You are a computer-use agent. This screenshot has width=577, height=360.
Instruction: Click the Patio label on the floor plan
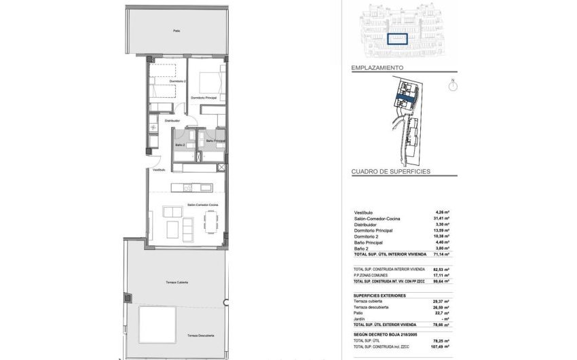tap(176, 31)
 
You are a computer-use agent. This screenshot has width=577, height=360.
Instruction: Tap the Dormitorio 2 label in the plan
tap(159, 81)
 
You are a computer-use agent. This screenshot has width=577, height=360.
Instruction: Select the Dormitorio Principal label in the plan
tap(204, 98)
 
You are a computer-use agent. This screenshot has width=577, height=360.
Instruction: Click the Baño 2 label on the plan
tap(181, 145)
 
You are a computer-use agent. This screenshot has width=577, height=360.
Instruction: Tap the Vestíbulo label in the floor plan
tap(159, 170)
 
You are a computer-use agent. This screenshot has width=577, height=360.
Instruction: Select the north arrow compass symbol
tap(453, 86)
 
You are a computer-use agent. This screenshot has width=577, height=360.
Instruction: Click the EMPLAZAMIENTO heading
tap(377, 69)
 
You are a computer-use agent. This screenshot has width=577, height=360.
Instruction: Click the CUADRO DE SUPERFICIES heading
tap(390, 173)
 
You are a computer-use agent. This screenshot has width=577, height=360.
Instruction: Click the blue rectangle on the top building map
tap(396, 39)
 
